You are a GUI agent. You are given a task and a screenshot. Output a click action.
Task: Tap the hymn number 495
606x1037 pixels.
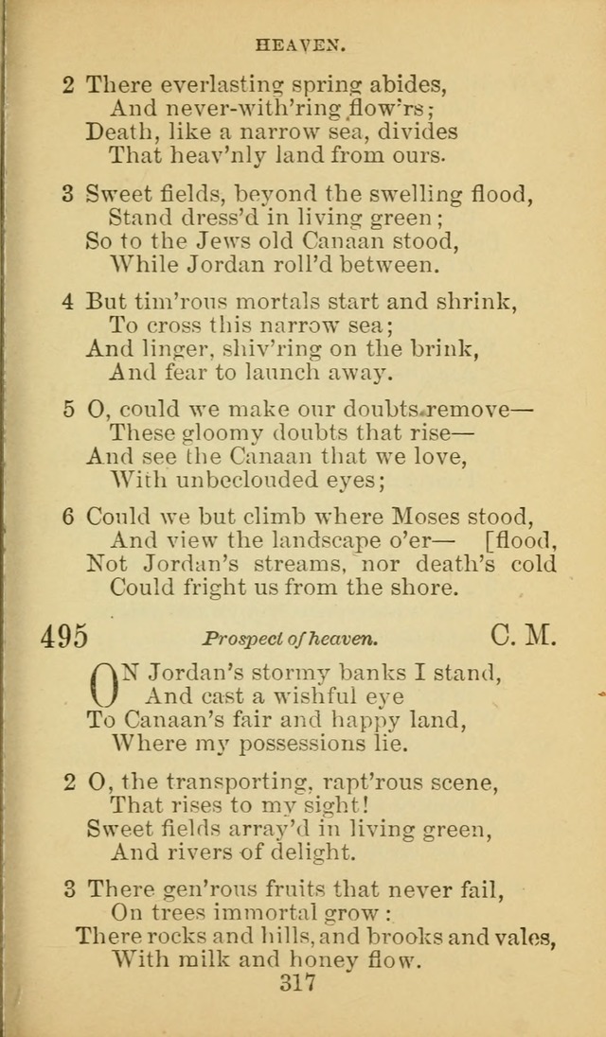(x=63, y=637)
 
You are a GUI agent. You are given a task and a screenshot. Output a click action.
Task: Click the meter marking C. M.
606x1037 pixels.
(x=524, y=636)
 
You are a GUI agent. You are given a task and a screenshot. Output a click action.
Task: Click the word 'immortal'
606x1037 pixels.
(x=287, y=913)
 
